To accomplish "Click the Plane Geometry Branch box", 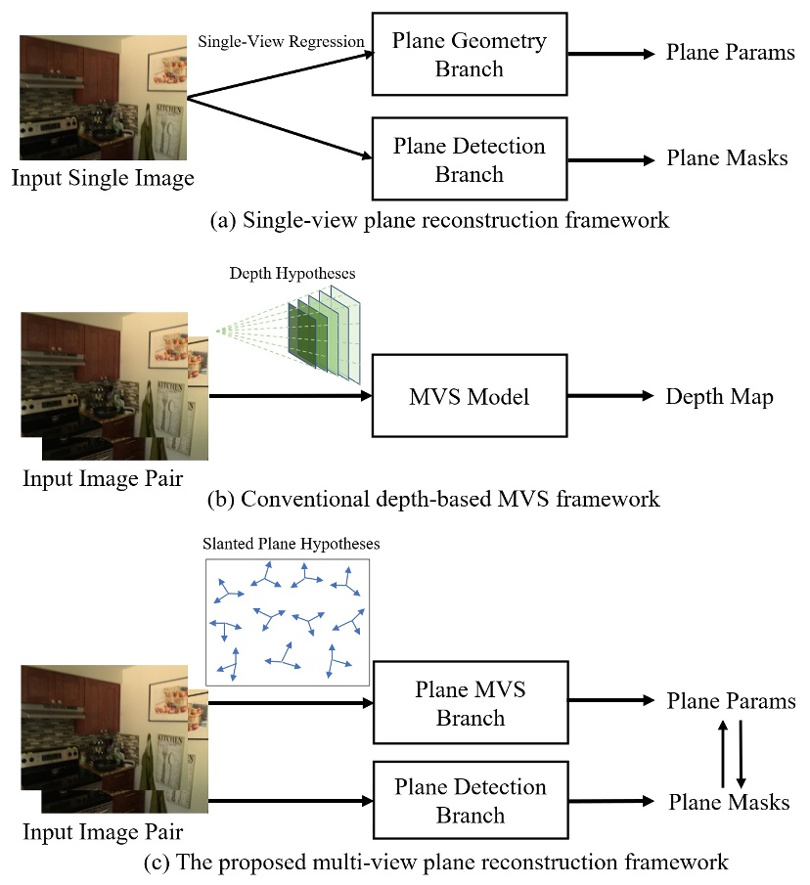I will pos(469,55).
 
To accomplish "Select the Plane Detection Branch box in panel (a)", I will pos(469,160).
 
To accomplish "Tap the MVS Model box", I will pos(469,397).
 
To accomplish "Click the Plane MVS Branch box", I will pos(471,703).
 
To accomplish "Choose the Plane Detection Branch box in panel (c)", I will pos(471,801).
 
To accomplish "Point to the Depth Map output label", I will pos(719,396).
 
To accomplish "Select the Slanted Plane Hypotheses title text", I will pos(291,543).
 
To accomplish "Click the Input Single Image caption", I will pos(103,177).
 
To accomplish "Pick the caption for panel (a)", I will pos(439,219).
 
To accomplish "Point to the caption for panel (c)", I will pos(432,863).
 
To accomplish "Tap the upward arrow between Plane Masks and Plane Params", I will pos(723,754).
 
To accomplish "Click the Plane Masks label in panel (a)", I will pos(727,158).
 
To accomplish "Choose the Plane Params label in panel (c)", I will pos(731,701).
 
